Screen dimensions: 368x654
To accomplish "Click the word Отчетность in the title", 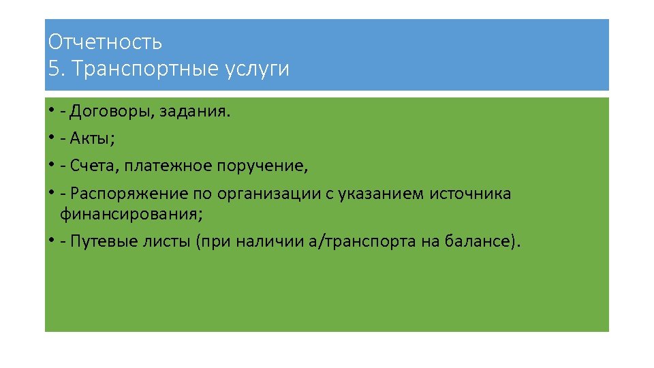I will [x=105, y=42].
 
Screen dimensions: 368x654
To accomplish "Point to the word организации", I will [x=268, y=194].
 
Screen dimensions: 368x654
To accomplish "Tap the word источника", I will [x=470, y=194].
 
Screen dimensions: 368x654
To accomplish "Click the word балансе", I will [x=476, y=242].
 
